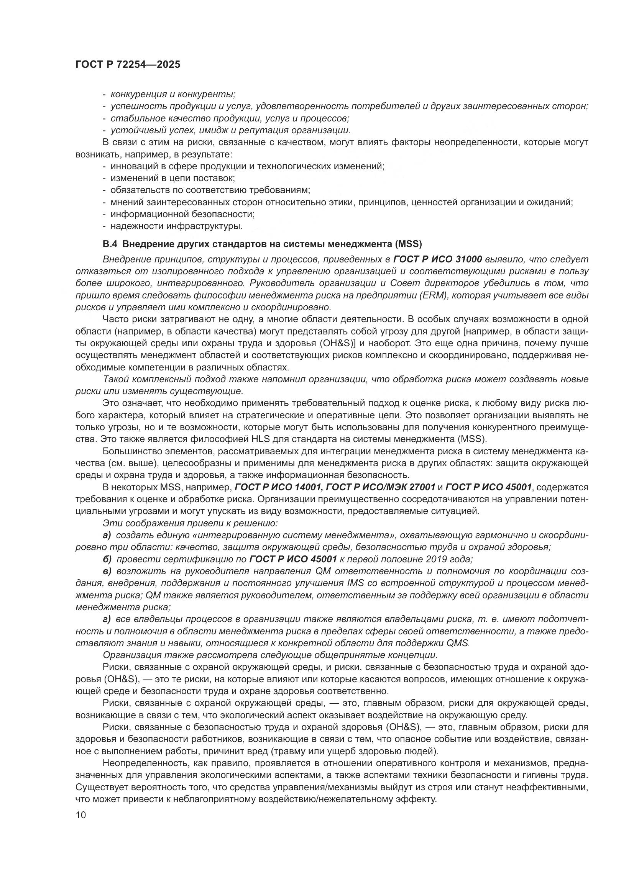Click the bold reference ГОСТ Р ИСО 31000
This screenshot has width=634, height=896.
(x=438, y=259)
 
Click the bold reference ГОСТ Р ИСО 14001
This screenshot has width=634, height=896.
(x=278, y=487)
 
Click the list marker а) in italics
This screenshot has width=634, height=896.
(x=107, y=535)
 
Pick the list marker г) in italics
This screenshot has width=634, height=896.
(x=107, y=619)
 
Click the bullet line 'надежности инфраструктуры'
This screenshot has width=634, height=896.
(x=176, y=226)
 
